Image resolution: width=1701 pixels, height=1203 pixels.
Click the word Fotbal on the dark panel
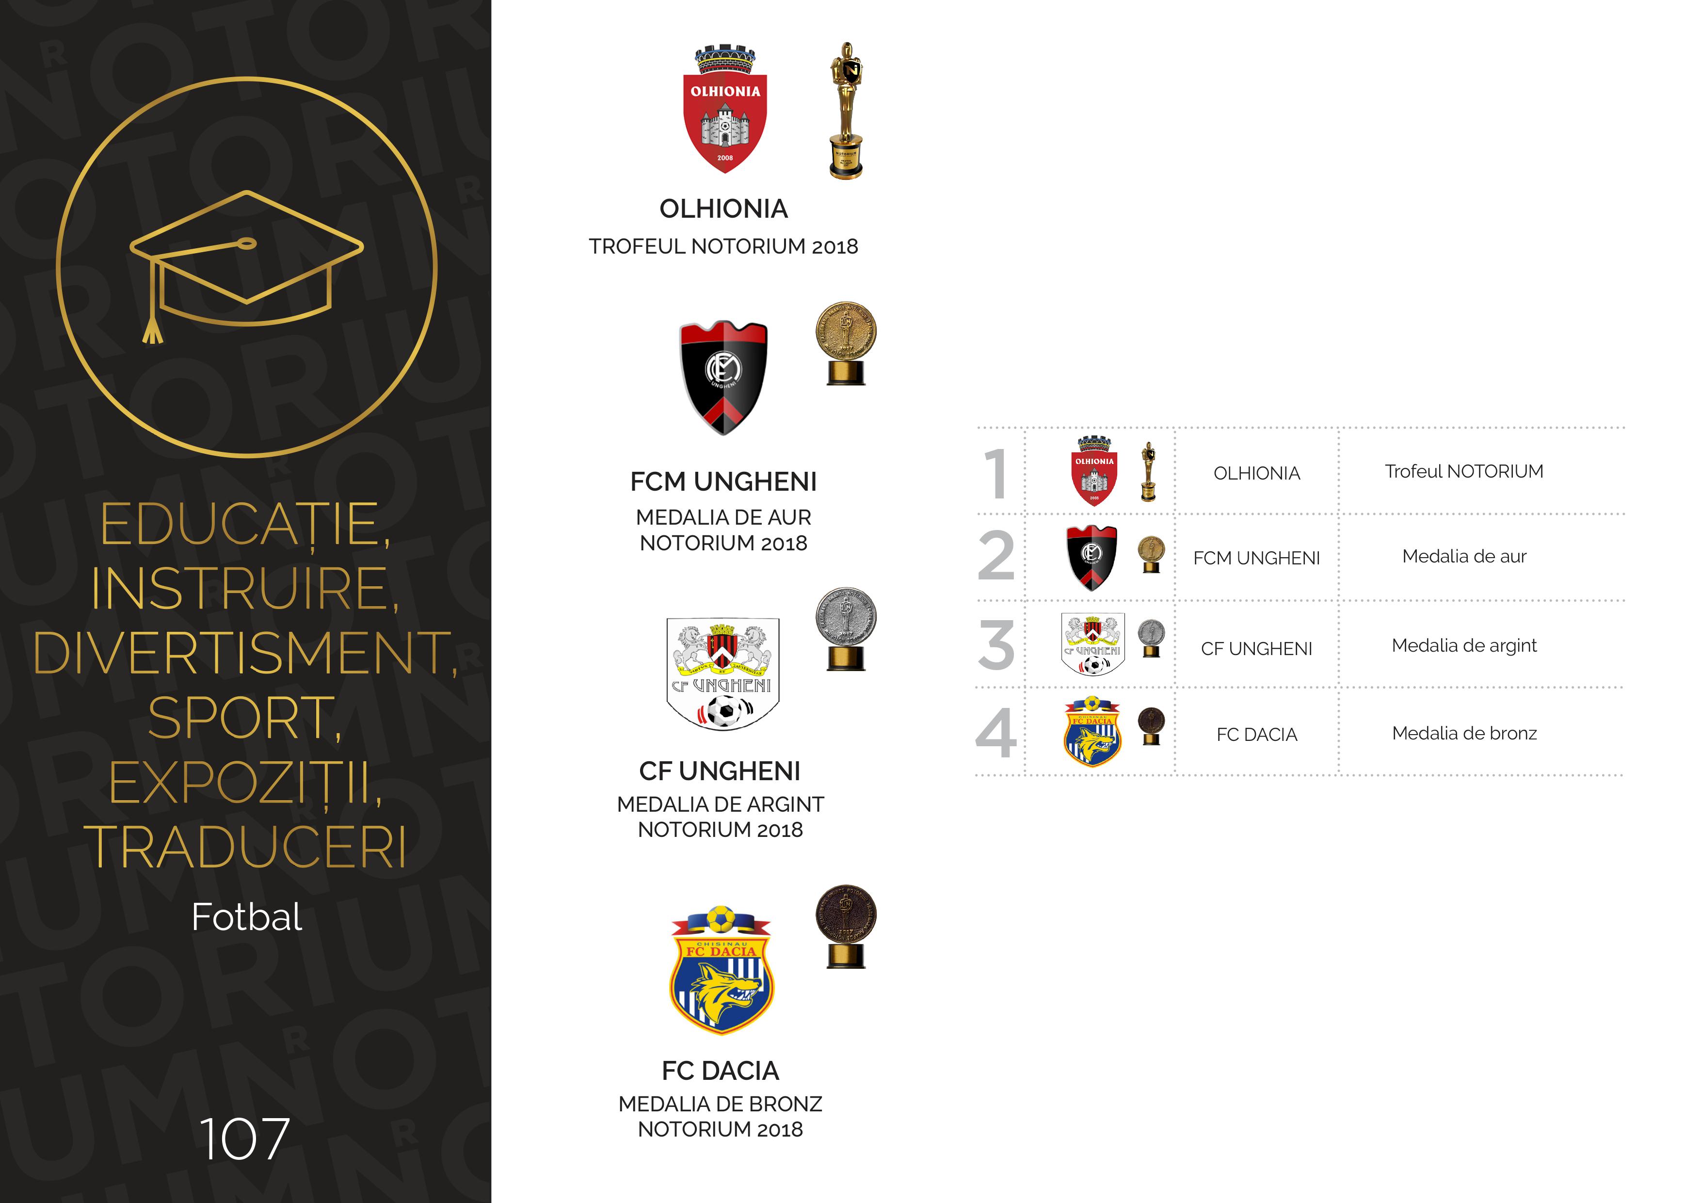tap(247, 917)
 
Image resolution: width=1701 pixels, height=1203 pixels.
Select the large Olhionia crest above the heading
tap(724, 111)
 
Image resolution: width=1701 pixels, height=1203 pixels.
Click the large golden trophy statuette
tap(846, 111)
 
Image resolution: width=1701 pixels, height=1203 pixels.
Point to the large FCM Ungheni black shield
tap(724, 378)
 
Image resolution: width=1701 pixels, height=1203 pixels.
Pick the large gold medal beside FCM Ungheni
tap(846, 343)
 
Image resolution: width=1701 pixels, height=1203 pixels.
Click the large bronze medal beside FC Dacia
tap(846, 926)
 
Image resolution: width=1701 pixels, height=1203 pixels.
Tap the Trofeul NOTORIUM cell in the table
tap(1464, 471)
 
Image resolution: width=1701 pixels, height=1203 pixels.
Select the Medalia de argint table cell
tap(1464, 645)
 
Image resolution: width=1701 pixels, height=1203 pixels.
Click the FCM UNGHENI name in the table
tap(1256, 558)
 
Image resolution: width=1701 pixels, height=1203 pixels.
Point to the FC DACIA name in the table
tap(1256, 734)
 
